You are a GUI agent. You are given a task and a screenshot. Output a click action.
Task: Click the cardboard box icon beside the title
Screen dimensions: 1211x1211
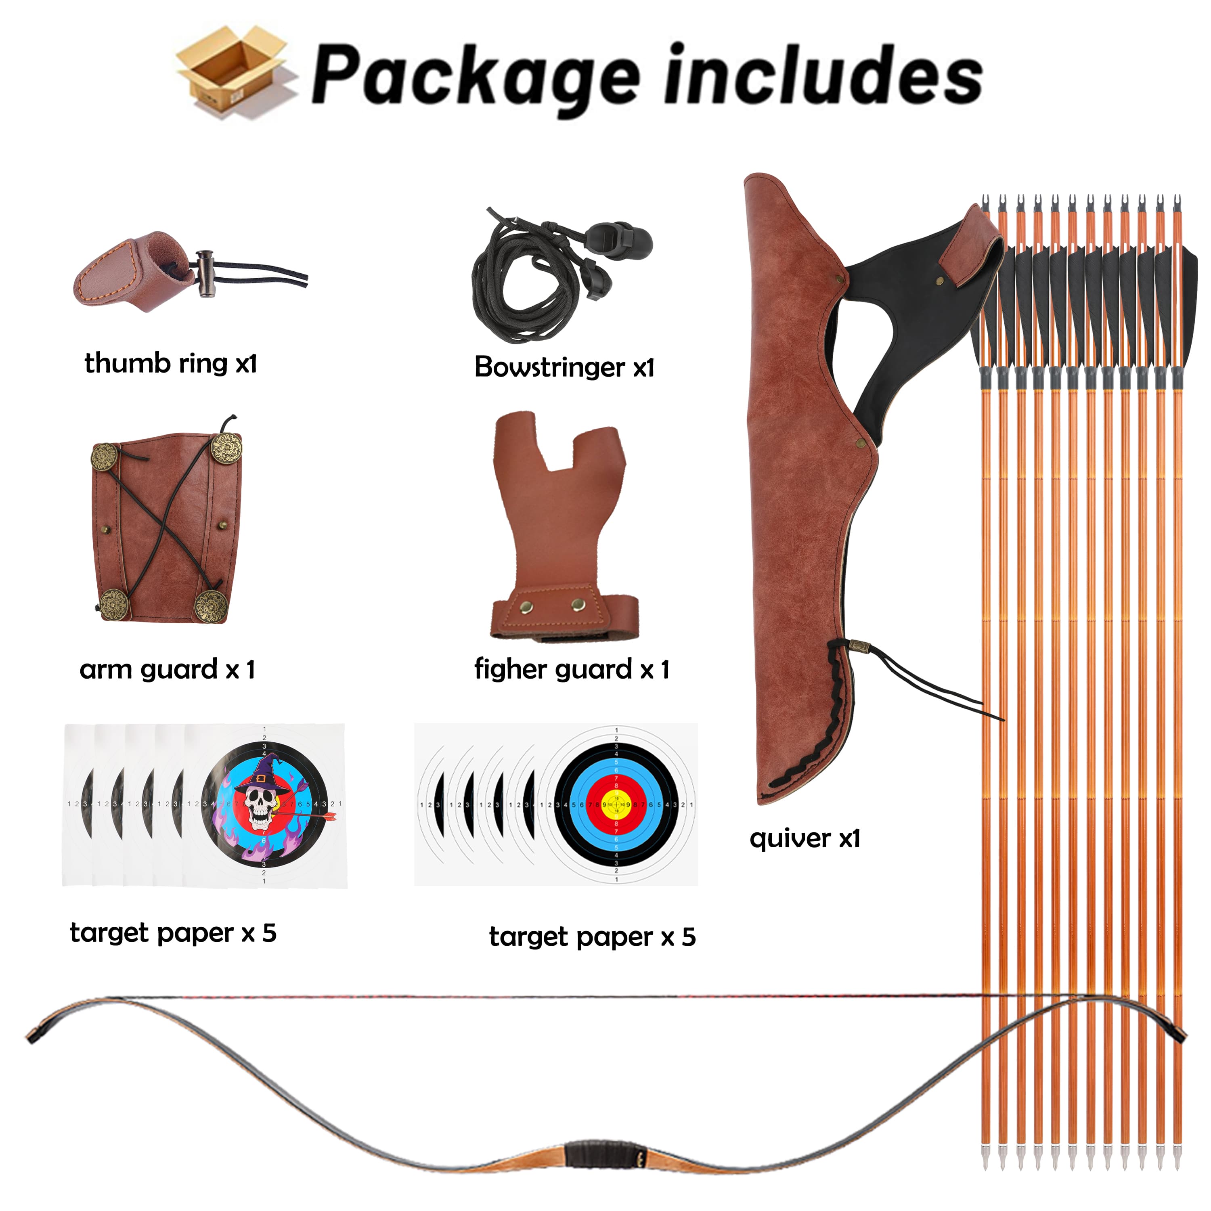(x=233, y=72)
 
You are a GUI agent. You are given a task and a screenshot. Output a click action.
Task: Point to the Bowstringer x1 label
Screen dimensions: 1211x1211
(x=564, y=367)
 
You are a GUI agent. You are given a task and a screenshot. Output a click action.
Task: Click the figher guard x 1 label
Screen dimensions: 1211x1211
(x=572, y=669)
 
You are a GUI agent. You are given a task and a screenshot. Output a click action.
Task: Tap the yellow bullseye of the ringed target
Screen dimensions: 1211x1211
(x=616, y=804)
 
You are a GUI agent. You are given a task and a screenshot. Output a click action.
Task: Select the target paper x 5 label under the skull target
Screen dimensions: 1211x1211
(x=173, y=933)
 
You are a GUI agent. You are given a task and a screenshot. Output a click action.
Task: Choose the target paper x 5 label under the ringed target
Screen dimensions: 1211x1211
(x=592, y=937)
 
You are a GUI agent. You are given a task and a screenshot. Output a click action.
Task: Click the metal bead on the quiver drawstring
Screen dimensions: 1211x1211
(x=855, y=645)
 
